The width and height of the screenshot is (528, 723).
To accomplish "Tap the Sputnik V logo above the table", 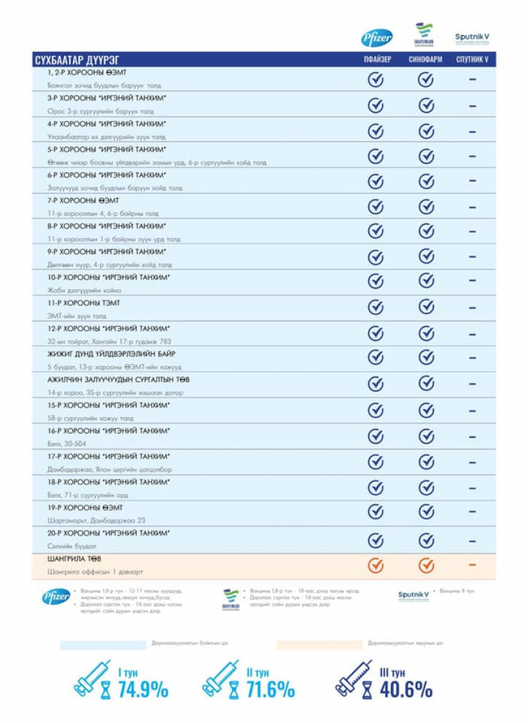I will click(472, 38).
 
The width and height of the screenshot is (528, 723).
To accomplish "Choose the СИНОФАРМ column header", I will click(426, 60).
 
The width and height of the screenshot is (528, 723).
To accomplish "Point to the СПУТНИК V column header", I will click(473, 60).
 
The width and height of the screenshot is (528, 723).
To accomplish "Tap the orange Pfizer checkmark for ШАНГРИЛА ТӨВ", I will click(376, 565).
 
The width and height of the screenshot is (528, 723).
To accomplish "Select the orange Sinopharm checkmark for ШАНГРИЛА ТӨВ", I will click(426, 565).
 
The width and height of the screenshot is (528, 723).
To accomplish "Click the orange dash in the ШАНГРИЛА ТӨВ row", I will click(473, 565).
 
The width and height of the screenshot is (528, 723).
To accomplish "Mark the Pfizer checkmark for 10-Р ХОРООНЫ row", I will click(376, 281).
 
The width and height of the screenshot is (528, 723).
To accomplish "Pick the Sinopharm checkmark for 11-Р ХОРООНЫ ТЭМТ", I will click(426, 307).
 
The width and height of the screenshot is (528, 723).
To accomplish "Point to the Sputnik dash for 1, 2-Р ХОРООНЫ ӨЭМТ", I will click(473, 79).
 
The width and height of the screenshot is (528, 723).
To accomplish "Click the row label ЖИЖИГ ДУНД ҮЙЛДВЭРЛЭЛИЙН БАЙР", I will click(111, 354).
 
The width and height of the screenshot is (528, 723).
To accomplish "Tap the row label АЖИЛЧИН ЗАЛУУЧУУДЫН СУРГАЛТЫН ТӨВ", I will click(118, 379).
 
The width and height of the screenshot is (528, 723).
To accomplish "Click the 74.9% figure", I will click(143, 690).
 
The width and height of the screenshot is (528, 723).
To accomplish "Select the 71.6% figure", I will click(270, 690).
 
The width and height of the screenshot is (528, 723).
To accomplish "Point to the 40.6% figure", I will click(406, 690).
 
